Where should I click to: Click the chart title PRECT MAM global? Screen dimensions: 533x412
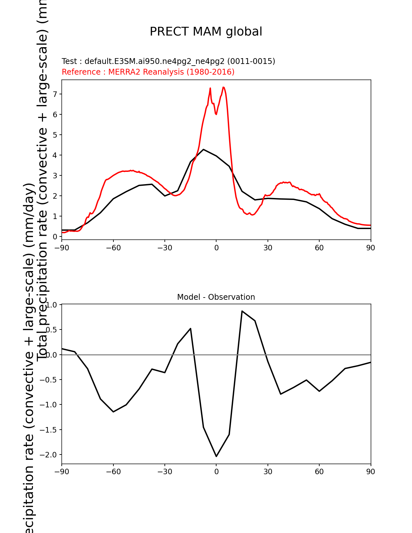click(x=206, y=32)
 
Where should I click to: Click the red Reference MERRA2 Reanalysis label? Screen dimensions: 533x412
click(x=148, y=72)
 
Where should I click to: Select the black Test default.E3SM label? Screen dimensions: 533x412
click(x=168, y=61)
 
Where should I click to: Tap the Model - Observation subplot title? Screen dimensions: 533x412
click(x=216, y=297)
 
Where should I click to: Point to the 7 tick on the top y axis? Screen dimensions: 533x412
click(x=55, y=94)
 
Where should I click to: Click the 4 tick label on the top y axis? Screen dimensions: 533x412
click(x=55, y=155)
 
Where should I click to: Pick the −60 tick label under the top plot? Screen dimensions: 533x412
click(x=113, y=248)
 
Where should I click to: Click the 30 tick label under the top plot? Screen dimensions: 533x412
click(x=268, y=248)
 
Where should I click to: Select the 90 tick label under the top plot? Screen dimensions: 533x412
click(x=371, y=248)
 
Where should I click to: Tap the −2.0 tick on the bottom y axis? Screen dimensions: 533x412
click(x=48, y=455)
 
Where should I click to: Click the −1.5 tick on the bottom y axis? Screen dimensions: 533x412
click(x=48, y=430)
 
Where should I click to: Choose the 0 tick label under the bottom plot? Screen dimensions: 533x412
click(x=216, y=472)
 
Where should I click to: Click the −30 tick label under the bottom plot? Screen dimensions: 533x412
click(x=164, y=472)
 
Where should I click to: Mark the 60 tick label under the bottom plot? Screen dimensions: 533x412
click(x=319, y=472)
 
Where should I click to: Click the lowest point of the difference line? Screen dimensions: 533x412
click(x=216, y=456)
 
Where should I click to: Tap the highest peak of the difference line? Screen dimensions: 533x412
click(x=242, y=311)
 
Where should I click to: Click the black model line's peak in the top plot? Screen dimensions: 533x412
click(x=203, y=149)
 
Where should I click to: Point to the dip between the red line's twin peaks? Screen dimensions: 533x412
click(x=216, y=114)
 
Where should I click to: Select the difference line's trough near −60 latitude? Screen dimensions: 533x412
click(x=113, y=412)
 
